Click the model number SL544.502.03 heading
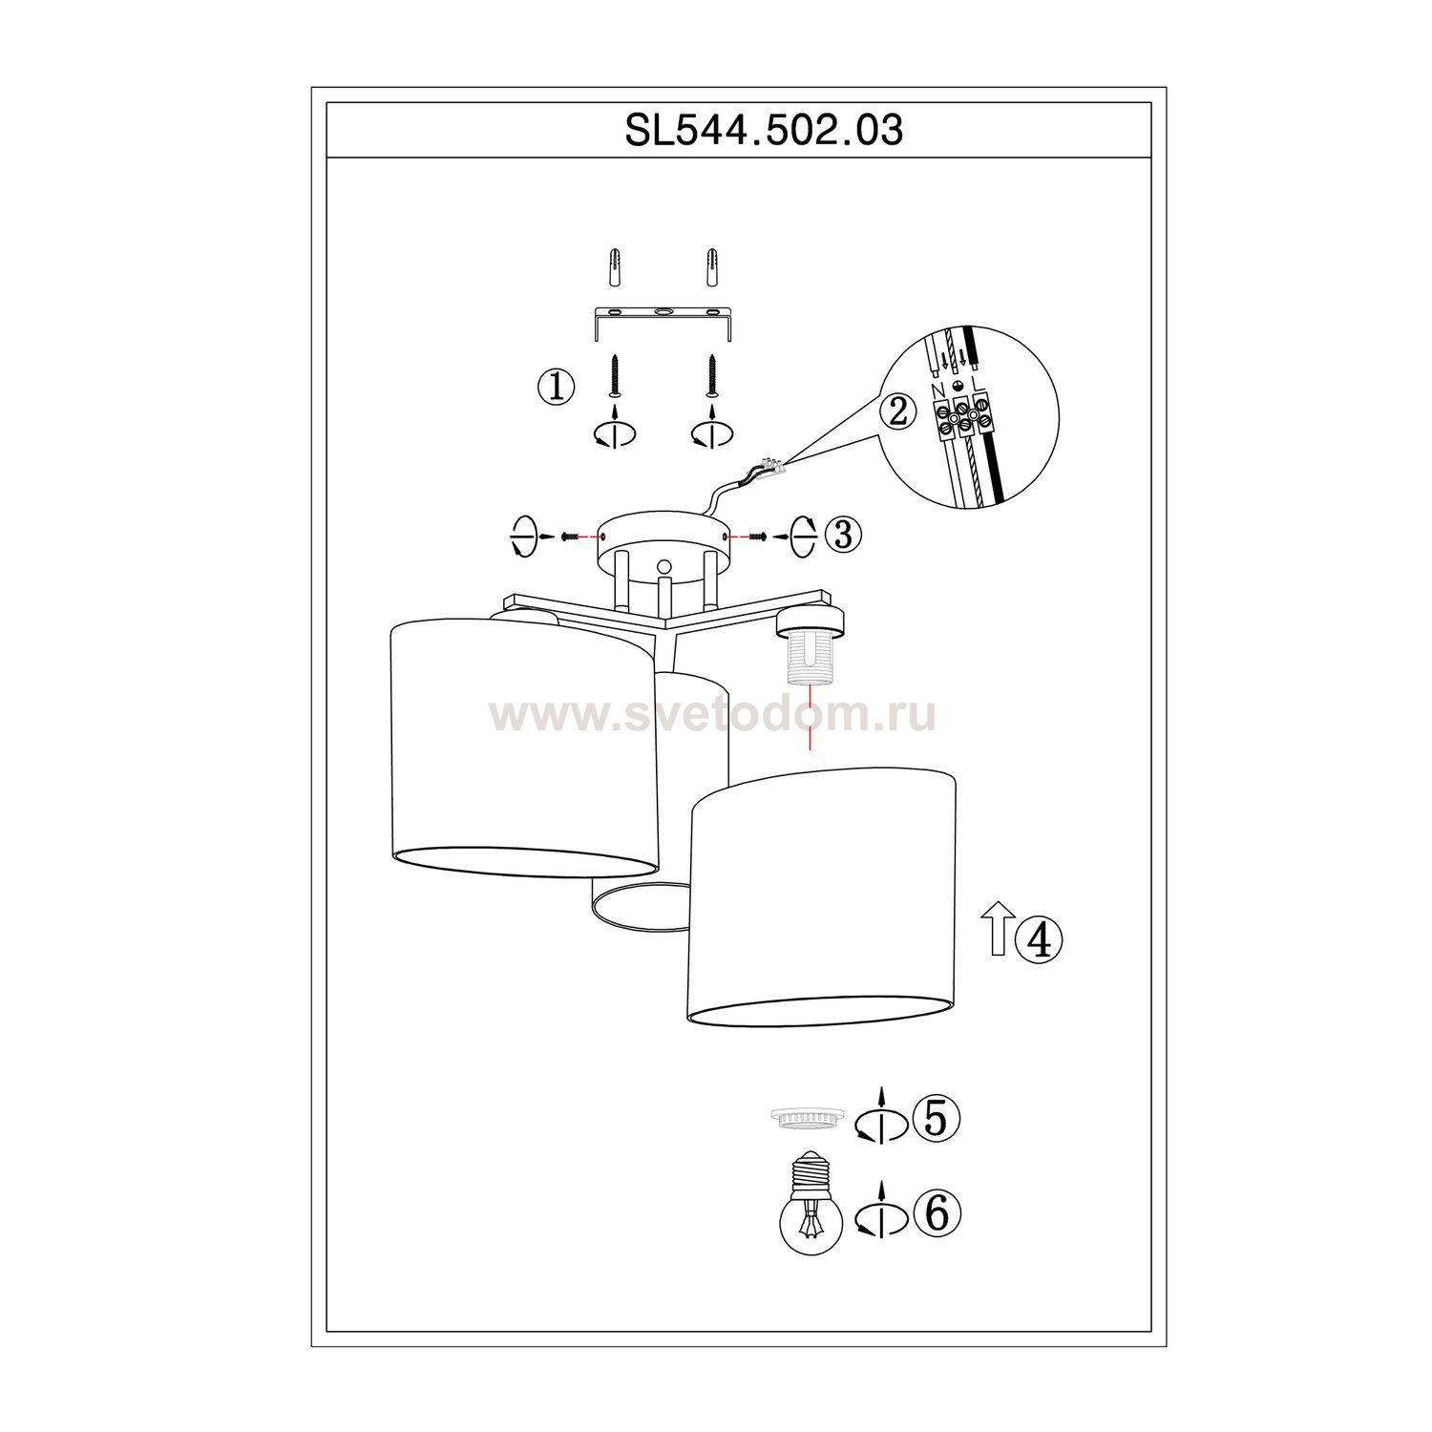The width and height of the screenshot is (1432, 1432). click(764, 130)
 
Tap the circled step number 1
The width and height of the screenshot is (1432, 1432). click(557, 388)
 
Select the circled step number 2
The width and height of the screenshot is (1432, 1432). click(898, 411)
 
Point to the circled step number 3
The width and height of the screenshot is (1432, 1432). click(843, 535)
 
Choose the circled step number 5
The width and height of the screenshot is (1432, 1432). click(936, 1118)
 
